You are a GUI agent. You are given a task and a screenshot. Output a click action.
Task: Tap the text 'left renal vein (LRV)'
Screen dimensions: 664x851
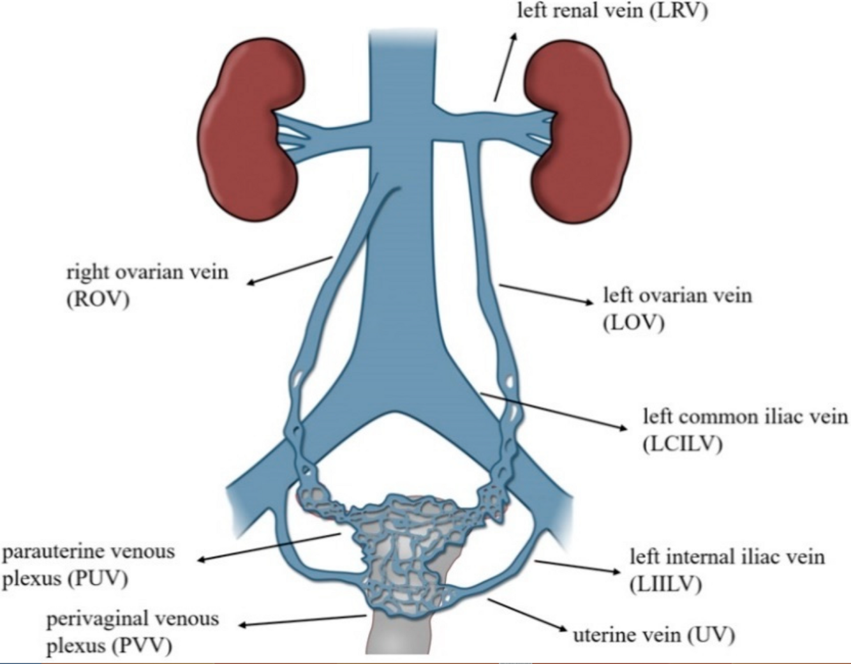(612, 11)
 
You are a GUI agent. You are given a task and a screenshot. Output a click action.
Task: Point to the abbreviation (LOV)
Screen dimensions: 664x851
(633, 322)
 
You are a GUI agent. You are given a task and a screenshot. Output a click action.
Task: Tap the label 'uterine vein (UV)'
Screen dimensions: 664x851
(653, 635)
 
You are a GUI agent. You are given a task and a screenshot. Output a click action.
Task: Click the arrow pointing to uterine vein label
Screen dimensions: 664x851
(527, 616)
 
